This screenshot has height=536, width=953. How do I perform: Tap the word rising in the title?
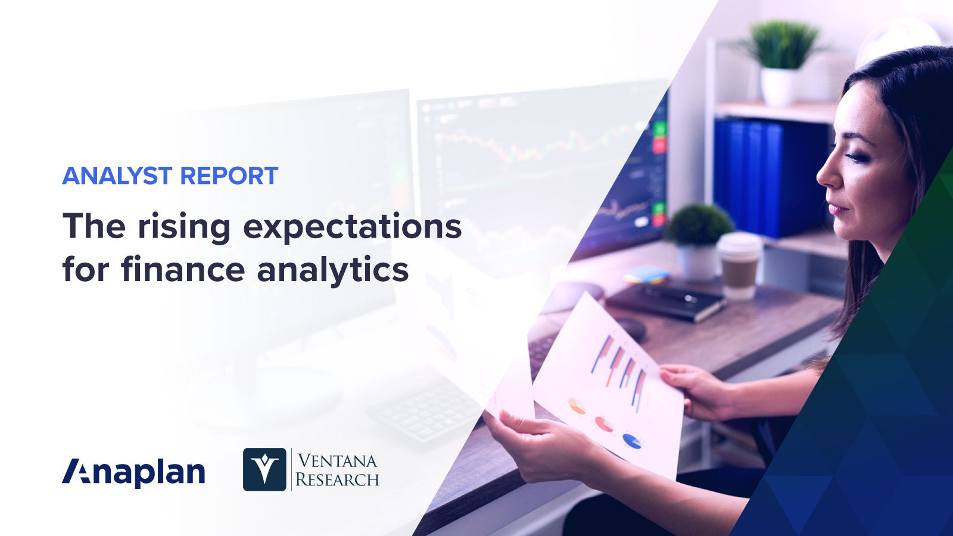point(183,228)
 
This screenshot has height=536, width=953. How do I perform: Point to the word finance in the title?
point(182,269)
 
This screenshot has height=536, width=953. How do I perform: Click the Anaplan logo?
point(133,472)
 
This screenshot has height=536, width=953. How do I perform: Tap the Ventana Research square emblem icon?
point(264,469)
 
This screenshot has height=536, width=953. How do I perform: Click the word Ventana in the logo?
point(337,461)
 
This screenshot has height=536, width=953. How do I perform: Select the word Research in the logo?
point(337,479)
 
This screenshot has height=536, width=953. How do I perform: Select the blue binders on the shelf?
point(768,176)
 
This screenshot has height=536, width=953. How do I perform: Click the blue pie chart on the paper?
point(632,441)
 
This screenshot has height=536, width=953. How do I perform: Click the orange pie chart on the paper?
point(576,406)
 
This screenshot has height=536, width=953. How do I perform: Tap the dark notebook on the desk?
point(667,301)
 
